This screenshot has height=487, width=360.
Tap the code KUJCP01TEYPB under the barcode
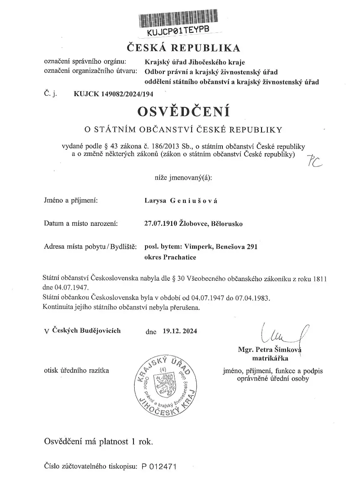(x=177, y=31)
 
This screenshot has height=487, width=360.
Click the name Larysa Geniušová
(x=181, y=201)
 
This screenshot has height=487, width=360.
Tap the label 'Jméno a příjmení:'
(x=71, y=201)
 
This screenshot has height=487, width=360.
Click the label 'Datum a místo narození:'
(x=81, y=224)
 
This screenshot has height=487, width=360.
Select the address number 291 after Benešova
(x=252, y=247)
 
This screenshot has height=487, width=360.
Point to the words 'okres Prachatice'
(x=170, y=257)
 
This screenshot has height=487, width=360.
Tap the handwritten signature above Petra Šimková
(x=283, y=332)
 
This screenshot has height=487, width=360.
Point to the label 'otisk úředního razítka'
(x=76, y=371)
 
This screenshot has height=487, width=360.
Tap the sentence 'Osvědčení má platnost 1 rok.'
(x=99, y=441)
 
